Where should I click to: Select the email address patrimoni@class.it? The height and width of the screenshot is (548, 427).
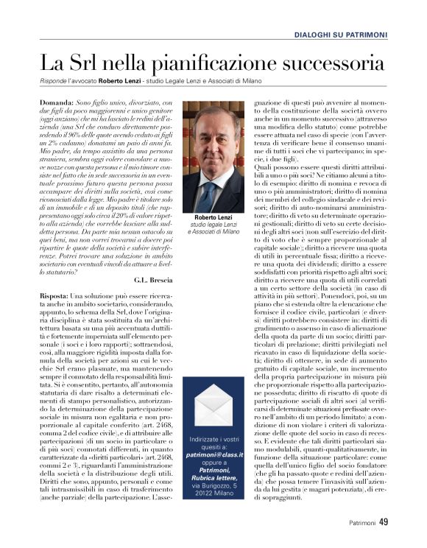[212, 455]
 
